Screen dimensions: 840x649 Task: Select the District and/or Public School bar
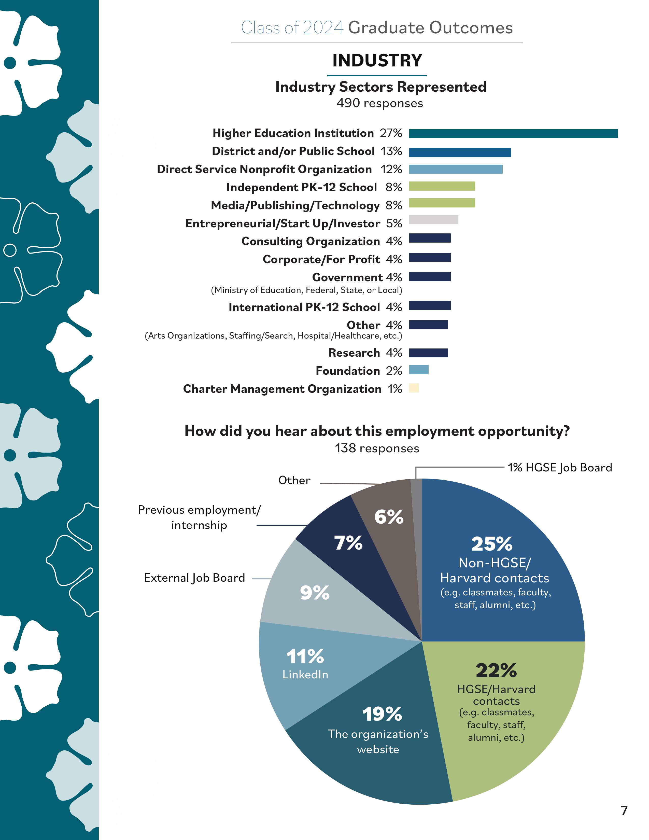[460, 152]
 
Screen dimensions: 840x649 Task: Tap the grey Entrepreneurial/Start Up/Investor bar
[433, 220]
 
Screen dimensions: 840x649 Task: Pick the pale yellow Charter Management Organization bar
[414, 388]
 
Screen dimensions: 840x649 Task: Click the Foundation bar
[419, 370]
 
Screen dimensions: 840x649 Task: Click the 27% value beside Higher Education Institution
[391, 133]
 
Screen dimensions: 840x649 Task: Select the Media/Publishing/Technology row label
[295, 205]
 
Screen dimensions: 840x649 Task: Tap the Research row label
[354, 353]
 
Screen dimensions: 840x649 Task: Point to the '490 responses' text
[379, 103]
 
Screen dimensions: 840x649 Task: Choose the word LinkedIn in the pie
[305, 674]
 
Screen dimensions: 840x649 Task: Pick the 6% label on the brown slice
[389, 516]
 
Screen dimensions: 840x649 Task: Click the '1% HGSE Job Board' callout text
[560, 468]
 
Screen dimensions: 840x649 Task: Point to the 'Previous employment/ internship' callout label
[199, 517]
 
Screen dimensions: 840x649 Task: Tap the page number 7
[624, 810]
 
